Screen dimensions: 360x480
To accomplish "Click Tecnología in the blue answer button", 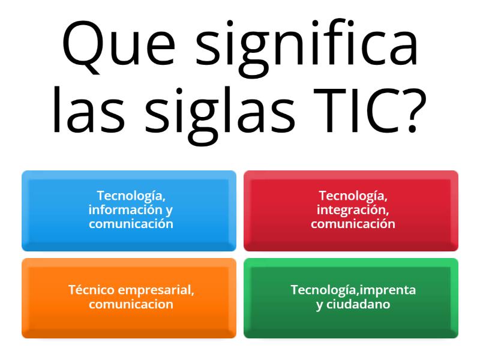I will coord(131,196).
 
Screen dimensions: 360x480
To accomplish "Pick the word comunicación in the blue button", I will coord(131,224).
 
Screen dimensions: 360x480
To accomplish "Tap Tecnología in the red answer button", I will coord(353,196).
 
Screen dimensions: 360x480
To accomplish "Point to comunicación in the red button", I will coord(353,224).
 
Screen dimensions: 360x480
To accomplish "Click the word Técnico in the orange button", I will coord(92,290).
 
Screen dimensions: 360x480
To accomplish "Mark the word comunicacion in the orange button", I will coord(131,304).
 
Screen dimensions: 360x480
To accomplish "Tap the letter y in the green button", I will coord(320,305).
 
